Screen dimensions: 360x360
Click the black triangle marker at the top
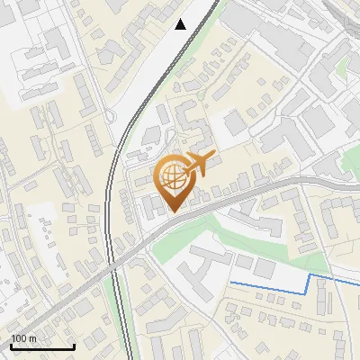pyautogui.click(x=181, y=24)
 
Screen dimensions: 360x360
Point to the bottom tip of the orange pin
pyautogui.click(x=173, y=212)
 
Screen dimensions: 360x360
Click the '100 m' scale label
pyautogui.click(x=22, y=338)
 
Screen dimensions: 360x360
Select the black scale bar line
pyautogui.click(x=41, y=346)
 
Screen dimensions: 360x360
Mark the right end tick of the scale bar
pyautogui.click(x=74, y=344)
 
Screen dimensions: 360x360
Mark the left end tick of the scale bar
pyautogui.click(x=10, y=344)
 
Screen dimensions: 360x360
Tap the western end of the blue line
pyautogui.click(x=231, y=283)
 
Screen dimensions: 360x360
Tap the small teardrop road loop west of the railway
pyautogui.click(x=111, y=116)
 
